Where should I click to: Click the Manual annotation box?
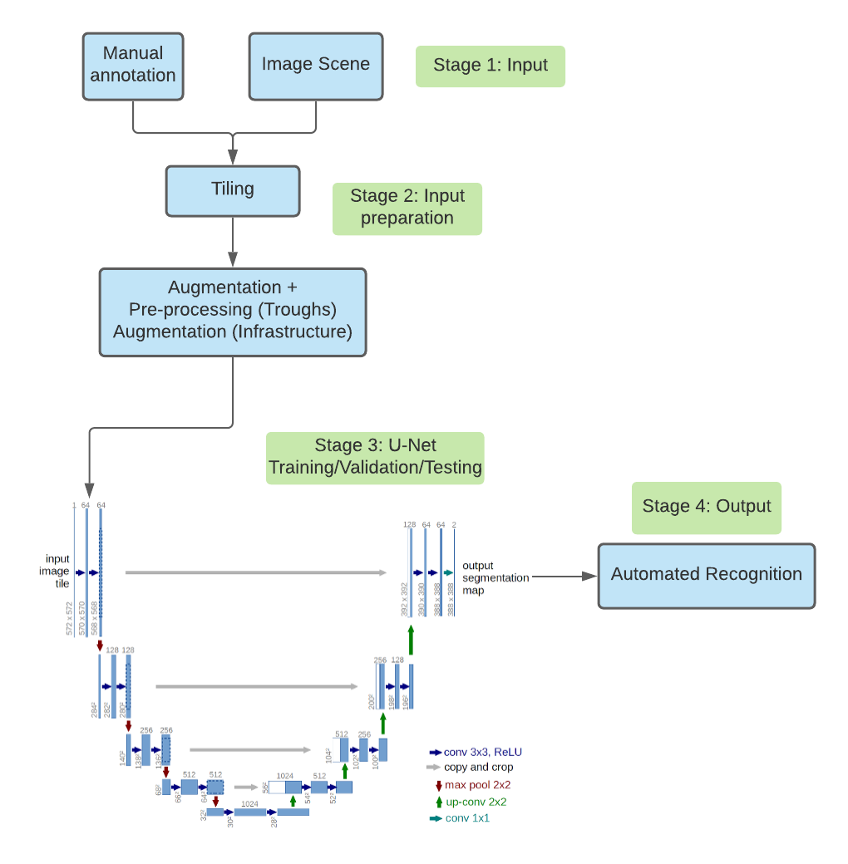click(133, 66)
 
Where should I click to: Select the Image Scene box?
click(315, 66)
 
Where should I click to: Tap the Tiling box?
click(232, 190)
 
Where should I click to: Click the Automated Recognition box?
click(706, 575)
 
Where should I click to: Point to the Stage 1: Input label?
click(490, 66)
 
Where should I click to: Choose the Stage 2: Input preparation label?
click(407, 208)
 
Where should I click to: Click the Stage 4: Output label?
click(706, 507)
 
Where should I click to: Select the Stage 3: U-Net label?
click(374, 457)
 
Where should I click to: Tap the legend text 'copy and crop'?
click(478, 767)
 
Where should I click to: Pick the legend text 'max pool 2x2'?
click(477, 784)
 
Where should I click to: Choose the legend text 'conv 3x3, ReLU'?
click(482, 752)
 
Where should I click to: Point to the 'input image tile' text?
click(57, 572)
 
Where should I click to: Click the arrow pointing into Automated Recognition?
click(565, 576)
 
